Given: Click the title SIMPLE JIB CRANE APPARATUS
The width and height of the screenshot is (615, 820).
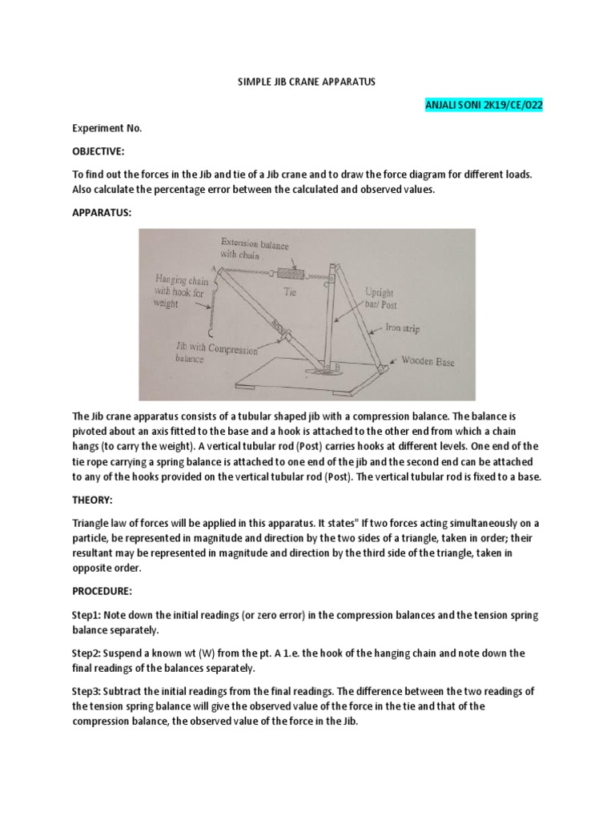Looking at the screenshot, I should click(307, 82).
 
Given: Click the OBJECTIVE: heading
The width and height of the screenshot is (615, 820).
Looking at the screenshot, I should click(99, 151).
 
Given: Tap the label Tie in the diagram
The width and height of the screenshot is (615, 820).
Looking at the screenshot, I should click(291, 293).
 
